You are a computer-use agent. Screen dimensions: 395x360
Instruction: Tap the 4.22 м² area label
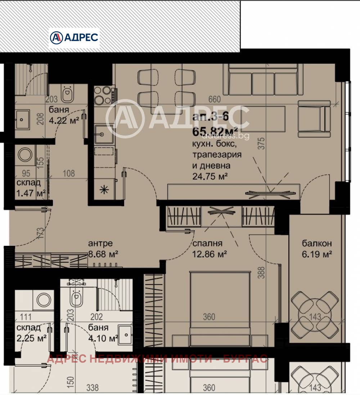pyautogui.click(x=64, y=120)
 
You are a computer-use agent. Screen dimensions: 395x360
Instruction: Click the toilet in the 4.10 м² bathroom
pyautogui.click(x=75, y=298)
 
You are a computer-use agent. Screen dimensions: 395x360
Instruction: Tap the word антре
pyautogui.click(x=100, y=244)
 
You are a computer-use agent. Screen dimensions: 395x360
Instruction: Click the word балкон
pyautogui.click(x=317, y=244)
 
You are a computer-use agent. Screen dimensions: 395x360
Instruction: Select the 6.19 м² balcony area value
pyautogui.click(x=317, y=254)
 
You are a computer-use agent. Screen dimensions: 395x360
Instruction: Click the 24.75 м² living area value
pyautogui.click(x=211, y=176)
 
